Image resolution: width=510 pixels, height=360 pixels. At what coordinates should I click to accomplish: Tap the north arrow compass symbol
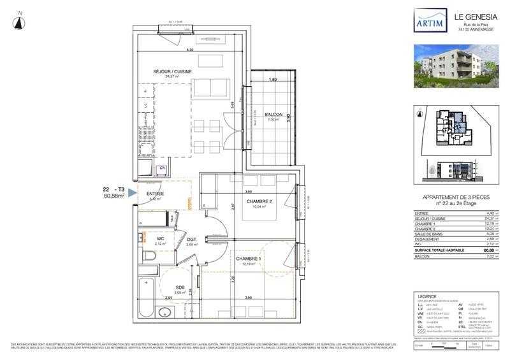(x=20, y=22)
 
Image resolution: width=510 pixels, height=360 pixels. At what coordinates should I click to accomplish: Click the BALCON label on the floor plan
(x=274, y=115)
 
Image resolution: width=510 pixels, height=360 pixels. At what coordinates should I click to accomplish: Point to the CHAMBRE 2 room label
(x=259, y=201)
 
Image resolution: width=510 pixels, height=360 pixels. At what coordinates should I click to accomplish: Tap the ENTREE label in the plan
(x=156, y=194)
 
